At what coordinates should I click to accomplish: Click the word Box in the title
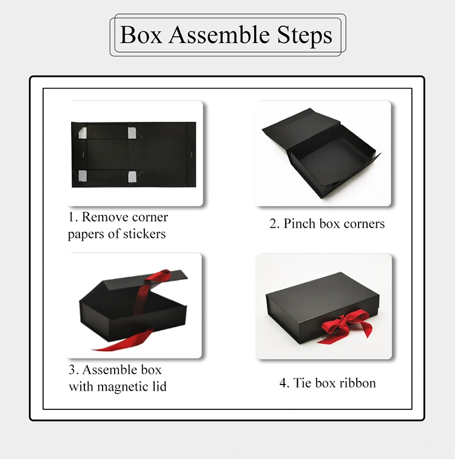click(x=141, y=35)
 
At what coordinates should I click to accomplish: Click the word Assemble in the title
click(x=218, y=35)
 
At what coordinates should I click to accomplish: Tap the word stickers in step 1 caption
click(x=142, y=234)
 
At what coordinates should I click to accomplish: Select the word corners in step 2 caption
click(x=364, y=223)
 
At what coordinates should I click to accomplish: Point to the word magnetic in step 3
click(x=124, y=386)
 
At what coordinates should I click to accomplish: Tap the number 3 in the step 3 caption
click(x=72, y=369)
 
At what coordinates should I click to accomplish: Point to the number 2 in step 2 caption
click(x=273, y=223)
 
